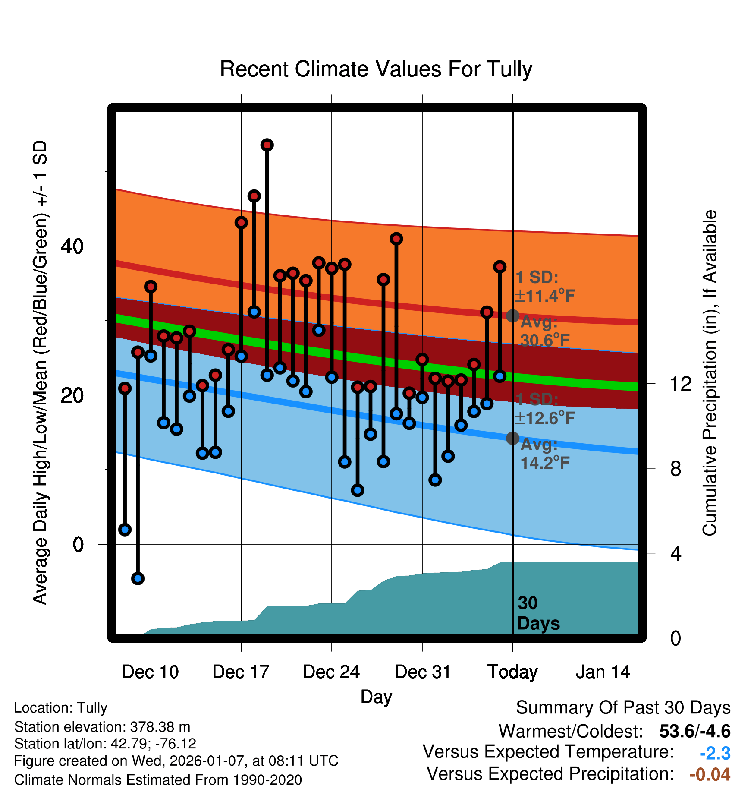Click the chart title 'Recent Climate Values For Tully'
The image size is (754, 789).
pyautogui.click(x=376, y=69)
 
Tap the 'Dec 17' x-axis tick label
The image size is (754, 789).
pyautogui.click(x=241, y=672)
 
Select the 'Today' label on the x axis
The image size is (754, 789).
pyautogui.click(x=512, y=672)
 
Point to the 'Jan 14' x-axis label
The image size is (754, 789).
pyautogui.click(x=603, y=672)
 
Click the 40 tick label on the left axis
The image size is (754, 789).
pyautogui.click(x=72, y=246)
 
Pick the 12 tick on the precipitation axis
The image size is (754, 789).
pyautogui.click(x=681, y=384)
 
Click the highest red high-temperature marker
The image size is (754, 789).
pyautogui.click(x=267, y=145)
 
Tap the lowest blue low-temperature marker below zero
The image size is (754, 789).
pyautogui.click(x=138, y=578)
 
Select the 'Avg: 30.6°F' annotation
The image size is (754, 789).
pyautogui.click(x=545, y=331)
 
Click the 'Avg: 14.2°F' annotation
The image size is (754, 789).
pyautogui.click(x=545, y=454)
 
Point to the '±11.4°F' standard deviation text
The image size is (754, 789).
pyautogui.click(x=545, y=296)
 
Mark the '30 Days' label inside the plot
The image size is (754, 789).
pyautogui.click(x=538, y=613)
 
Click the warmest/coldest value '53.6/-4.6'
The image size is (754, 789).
pyautogui.click(x=694, y=731)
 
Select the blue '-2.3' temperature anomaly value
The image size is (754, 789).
pyautogui.click(x=715, y=753)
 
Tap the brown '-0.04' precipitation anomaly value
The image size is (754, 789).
pyautogui.click(x=710, y=774)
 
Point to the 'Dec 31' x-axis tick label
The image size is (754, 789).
pyautogui.click(x=422, y=672)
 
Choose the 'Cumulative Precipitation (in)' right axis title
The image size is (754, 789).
pyautogui.click(x=710, y=373)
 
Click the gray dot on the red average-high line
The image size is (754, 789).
pyautogui.click(x=512, y=316)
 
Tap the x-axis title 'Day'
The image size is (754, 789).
pyautogui.click(x=376, y=697)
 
